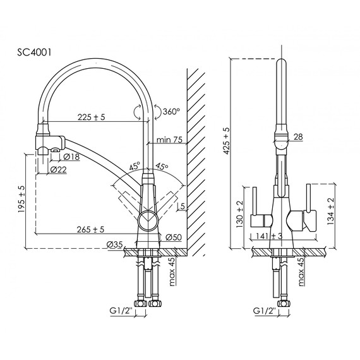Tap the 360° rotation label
[171, 111]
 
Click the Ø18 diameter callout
[70, 156]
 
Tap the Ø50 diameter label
[173, 237]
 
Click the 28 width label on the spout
[298, 137]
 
